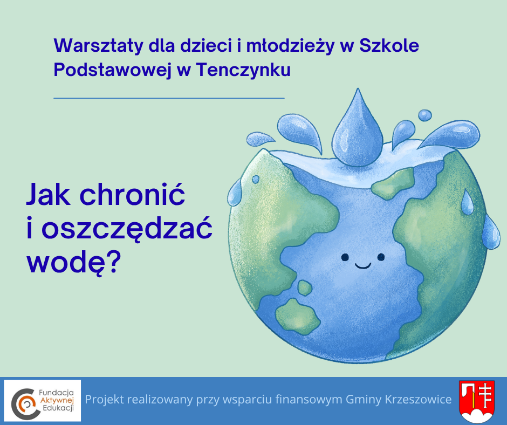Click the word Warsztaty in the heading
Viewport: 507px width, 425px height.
click(98, 46)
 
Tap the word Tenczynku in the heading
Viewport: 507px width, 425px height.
click(243, 70)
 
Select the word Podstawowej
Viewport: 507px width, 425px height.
click(112, 70)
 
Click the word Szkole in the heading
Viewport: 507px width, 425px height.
click(389, 45)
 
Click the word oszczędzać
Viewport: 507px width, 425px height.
click(127, 230)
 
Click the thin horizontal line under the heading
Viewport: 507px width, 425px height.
click(169, 98)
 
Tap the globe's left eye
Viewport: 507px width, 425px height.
click(345, 257)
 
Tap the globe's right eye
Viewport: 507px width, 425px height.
click(381, 257)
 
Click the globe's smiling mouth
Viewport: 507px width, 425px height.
click(363, 266)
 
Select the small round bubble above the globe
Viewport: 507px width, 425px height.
click(424, 115)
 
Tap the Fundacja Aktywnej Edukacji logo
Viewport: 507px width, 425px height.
click(43, 400)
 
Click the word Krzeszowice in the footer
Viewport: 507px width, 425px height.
click(419, 400)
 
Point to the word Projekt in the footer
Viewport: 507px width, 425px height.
click(104, 400)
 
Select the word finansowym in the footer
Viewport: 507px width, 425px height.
click(309, 400)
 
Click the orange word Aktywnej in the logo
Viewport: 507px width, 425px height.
click(57, 401)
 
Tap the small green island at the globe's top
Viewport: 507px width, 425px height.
click(393, 184)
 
